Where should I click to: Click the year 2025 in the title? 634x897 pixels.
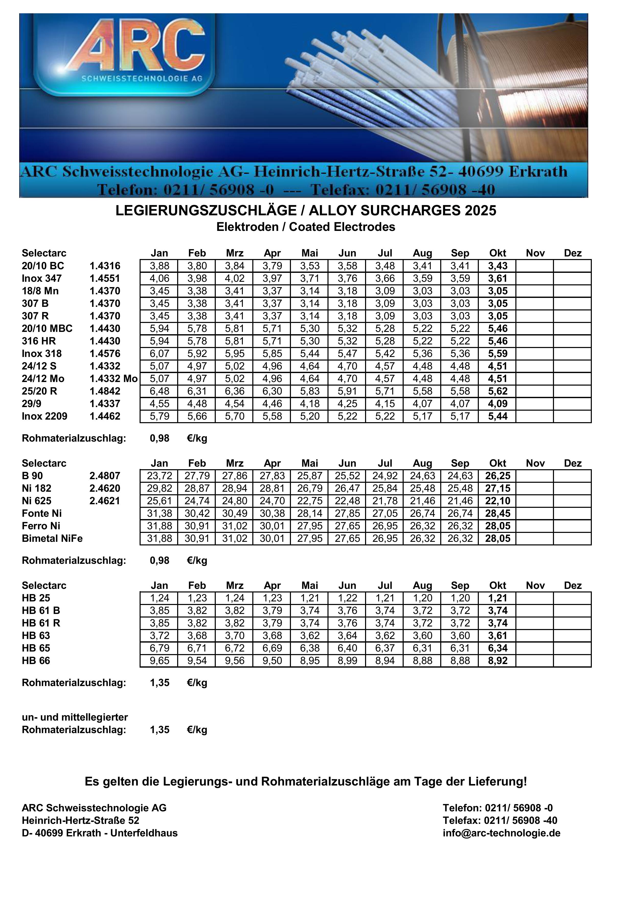tap(480, 211)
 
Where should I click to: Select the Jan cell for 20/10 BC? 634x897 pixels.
tap(159, 266)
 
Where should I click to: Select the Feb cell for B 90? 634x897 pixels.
tap(197, 476)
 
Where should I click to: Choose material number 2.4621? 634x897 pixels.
tap(105, 501)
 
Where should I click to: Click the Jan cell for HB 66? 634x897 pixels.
tap(159, 661)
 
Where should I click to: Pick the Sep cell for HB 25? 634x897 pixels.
tap(460, 598)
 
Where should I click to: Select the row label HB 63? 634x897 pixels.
tap(36, 636)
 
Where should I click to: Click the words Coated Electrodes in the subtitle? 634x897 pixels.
tap(342, 227)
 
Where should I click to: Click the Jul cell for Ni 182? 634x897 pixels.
tap(385, 488)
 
